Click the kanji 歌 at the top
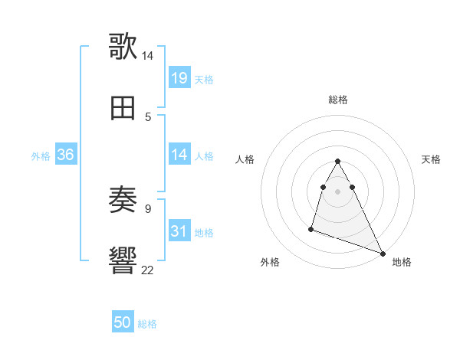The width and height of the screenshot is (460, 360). click(x=123, y=45)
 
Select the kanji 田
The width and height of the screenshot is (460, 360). click(x=123, y=108)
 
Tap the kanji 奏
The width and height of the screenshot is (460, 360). click(x=123, y=201)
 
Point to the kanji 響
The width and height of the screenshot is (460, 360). click(x=123, y=260)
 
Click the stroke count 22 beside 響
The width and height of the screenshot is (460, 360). click(x=147, y=269)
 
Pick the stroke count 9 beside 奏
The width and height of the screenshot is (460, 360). click(x=147, y=208)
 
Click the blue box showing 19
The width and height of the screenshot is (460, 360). click(x=179, y=77)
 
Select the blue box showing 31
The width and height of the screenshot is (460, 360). click(x=179, y=231)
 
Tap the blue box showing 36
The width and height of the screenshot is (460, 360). click(x=66, y=155)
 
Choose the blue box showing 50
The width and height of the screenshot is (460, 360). click(x=123, y=322)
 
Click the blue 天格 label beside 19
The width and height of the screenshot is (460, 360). click(x=204, y=79)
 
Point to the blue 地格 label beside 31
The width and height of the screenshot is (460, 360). click(x=204, y=232)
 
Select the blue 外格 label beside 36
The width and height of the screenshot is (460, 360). click(x=41, y=156)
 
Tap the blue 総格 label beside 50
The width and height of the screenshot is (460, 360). click(x=147, y=324)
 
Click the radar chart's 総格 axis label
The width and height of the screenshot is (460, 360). click(x=338, y=100)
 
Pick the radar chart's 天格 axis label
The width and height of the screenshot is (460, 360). click(x=432, y=159)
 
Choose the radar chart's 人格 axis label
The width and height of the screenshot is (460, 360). click(x=245, y=159)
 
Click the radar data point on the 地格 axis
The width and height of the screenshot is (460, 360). click(x=382, y=253)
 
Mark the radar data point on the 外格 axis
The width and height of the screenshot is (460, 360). click(x=311, y=228)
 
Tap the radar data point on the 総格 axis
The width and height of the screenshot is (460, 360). click(x=338, y=162)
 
